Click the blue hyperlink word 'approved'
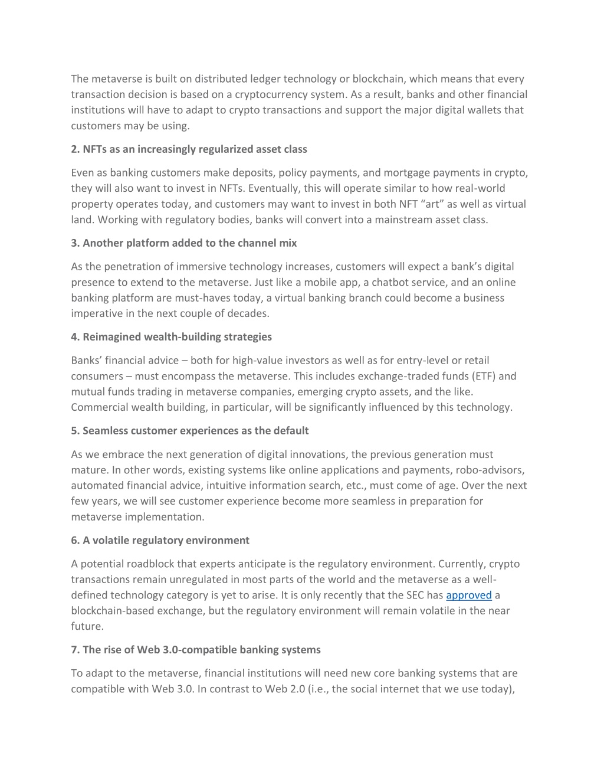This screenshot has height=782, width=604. coord(468,595)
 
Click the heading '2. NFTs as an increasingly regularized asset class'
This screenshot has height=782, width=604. coord(189,149)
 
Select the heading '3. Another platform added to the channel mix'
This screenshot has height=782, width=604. coord(183,243)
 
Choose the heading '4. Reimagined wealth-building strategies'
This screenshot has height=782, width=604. coord(171,336)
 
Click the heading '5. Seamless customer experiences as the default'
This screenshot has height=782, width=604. coord(189,430)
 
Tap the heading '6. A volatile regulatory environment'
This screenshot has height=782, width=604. coord(160,540)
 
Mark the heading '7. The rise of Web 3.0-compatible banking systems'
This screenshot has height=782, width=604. coord(196,649)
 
